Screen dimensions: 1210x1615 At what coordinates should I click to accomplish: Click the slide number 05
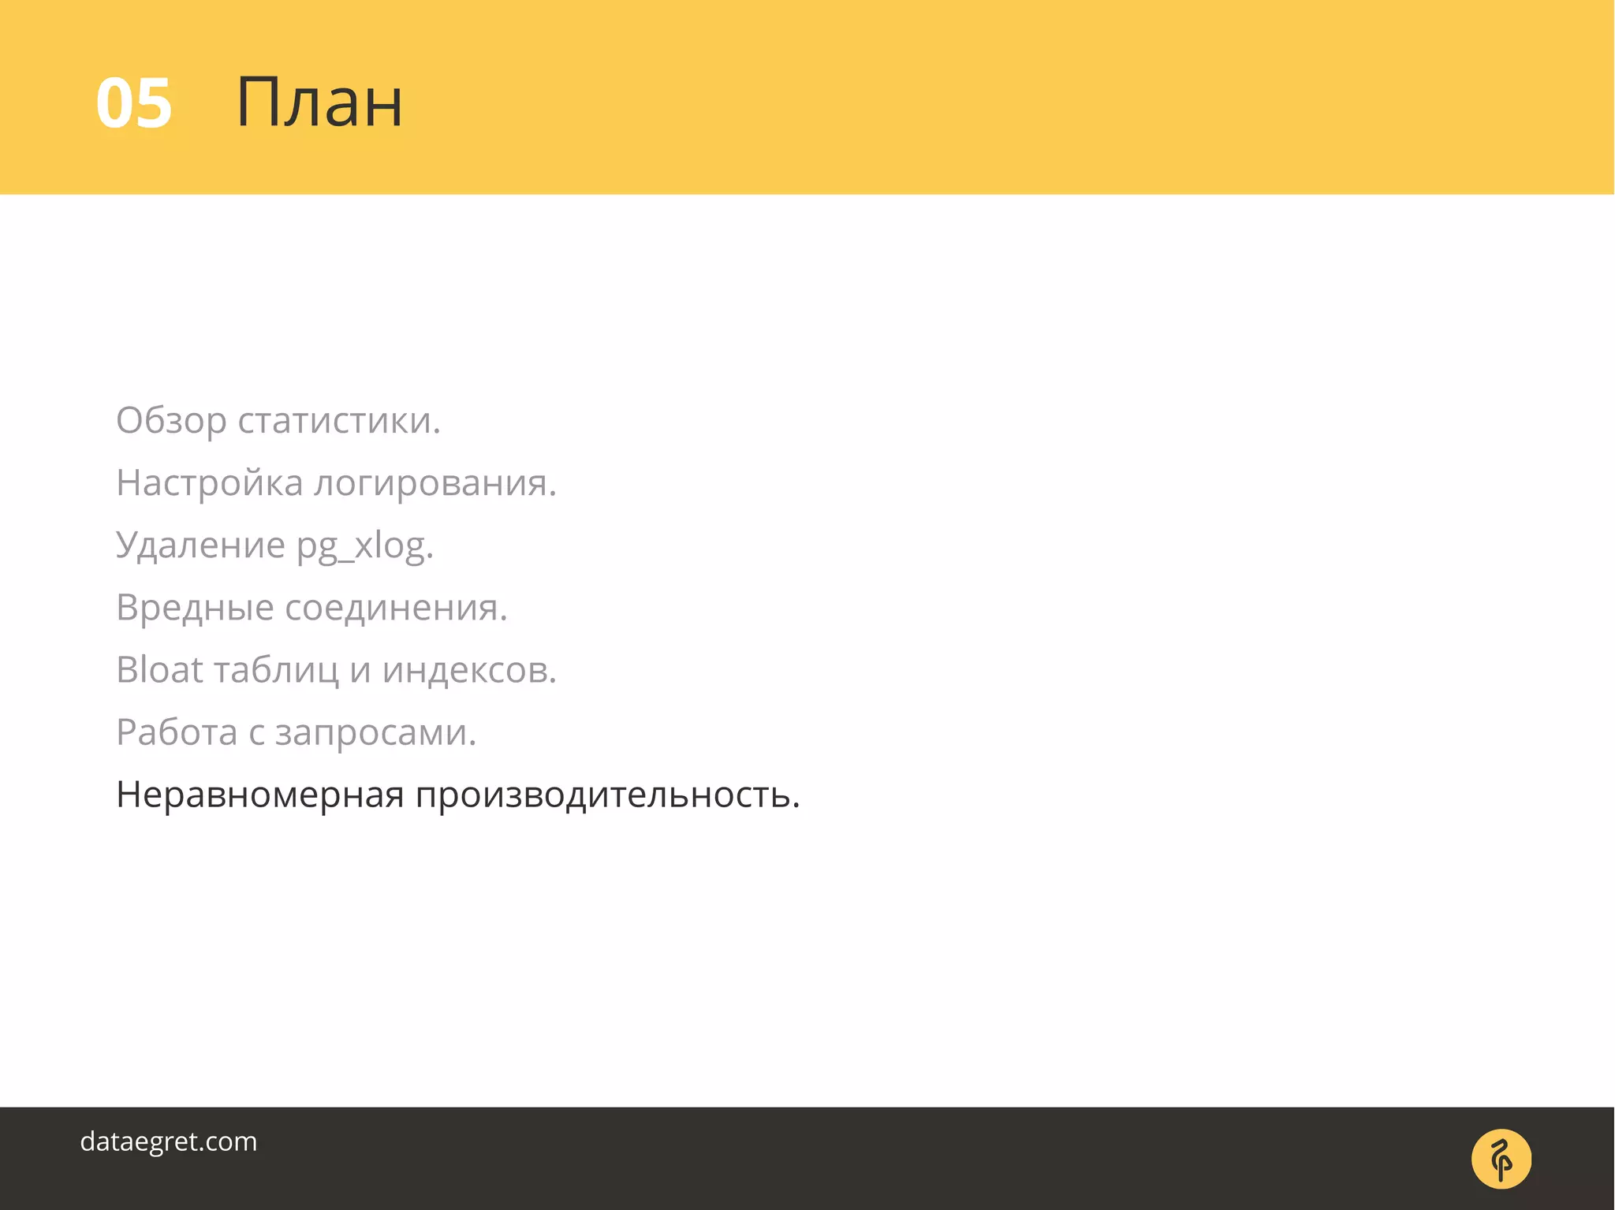click(x=133, y=103)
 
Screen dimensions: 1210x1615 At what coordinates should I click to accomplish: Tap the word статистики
click(x=339, y=421)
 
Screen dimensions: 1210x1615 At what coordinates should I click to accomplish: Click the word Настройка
click(x=209, y=483)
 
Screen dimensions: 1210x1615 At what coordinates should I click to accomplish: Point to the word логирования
click(x=435, y=483)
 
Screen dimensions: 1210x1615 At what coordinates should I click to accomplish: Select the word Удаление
click(x=200, y=545)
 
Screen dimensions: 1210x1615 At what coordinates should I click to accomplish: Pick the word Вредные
click(x=195, y=608)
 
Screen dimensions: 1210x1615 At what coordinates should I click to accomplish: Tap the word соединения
click(x=396, y=608)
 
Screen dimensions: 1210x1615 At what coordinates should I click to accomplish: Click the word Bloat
click(x=160, y=670)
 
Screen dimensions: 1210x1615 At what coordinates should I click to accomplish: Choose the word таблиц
click(x=276, y=671)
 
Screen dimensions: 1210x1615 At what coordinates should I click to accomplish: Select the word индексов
click(x=469, y=670)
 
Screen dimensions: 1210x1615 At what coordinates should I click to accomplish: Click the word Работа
click(x=177, y=732)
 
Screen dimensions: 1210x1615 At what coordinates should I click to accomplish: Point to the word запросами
click(x=375, y=733)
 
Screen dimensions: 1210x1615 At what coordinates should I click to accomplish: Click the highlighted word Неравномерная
click(x=260, y=795)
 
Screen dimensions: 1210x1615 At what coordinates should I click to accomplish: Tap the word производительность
click(x=608, y=795)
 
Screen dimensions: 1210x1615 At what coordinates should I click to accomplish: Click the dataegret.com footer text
click(x=169, y=1141)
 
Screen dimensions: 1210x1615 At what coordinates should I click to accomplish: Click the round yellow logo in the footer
click(x=1501, y=1159)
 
